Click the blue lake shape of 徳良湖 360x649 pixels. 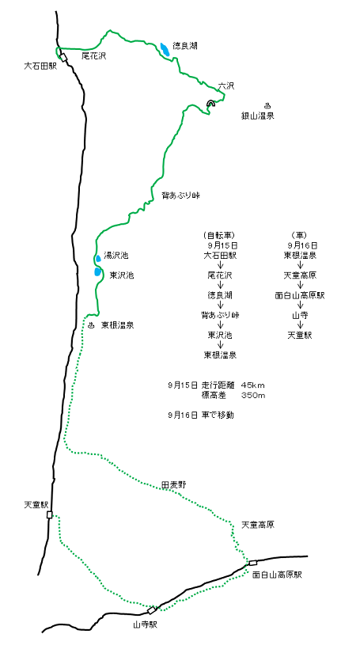(165, 50)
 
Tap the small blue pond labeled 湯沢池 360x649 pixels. (98, 259)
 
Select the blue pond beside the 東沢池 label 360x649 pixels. (97, 271)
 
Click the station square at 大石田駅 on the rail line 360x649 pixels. (63, 57)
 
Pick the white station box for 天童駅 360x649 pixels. (50, 514)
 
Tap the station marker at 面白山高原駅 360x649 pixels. (252, 563)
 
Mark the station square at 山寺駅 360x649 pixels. (152, 609)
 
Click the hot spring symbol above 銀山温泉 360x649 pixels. (267, 104)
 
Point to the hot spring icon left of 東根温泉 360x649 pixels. (91, 324)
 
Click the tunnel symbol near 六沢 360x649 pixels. (211, 103)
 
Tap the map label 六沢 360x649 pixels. (226, 86)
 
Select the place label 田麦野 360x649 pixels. (172, 484)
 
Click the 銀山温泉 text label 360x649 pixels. (257, 116)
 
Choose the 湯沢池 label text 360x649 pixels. (116, 256)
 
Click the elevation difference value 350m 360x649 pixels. (253, 396)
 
